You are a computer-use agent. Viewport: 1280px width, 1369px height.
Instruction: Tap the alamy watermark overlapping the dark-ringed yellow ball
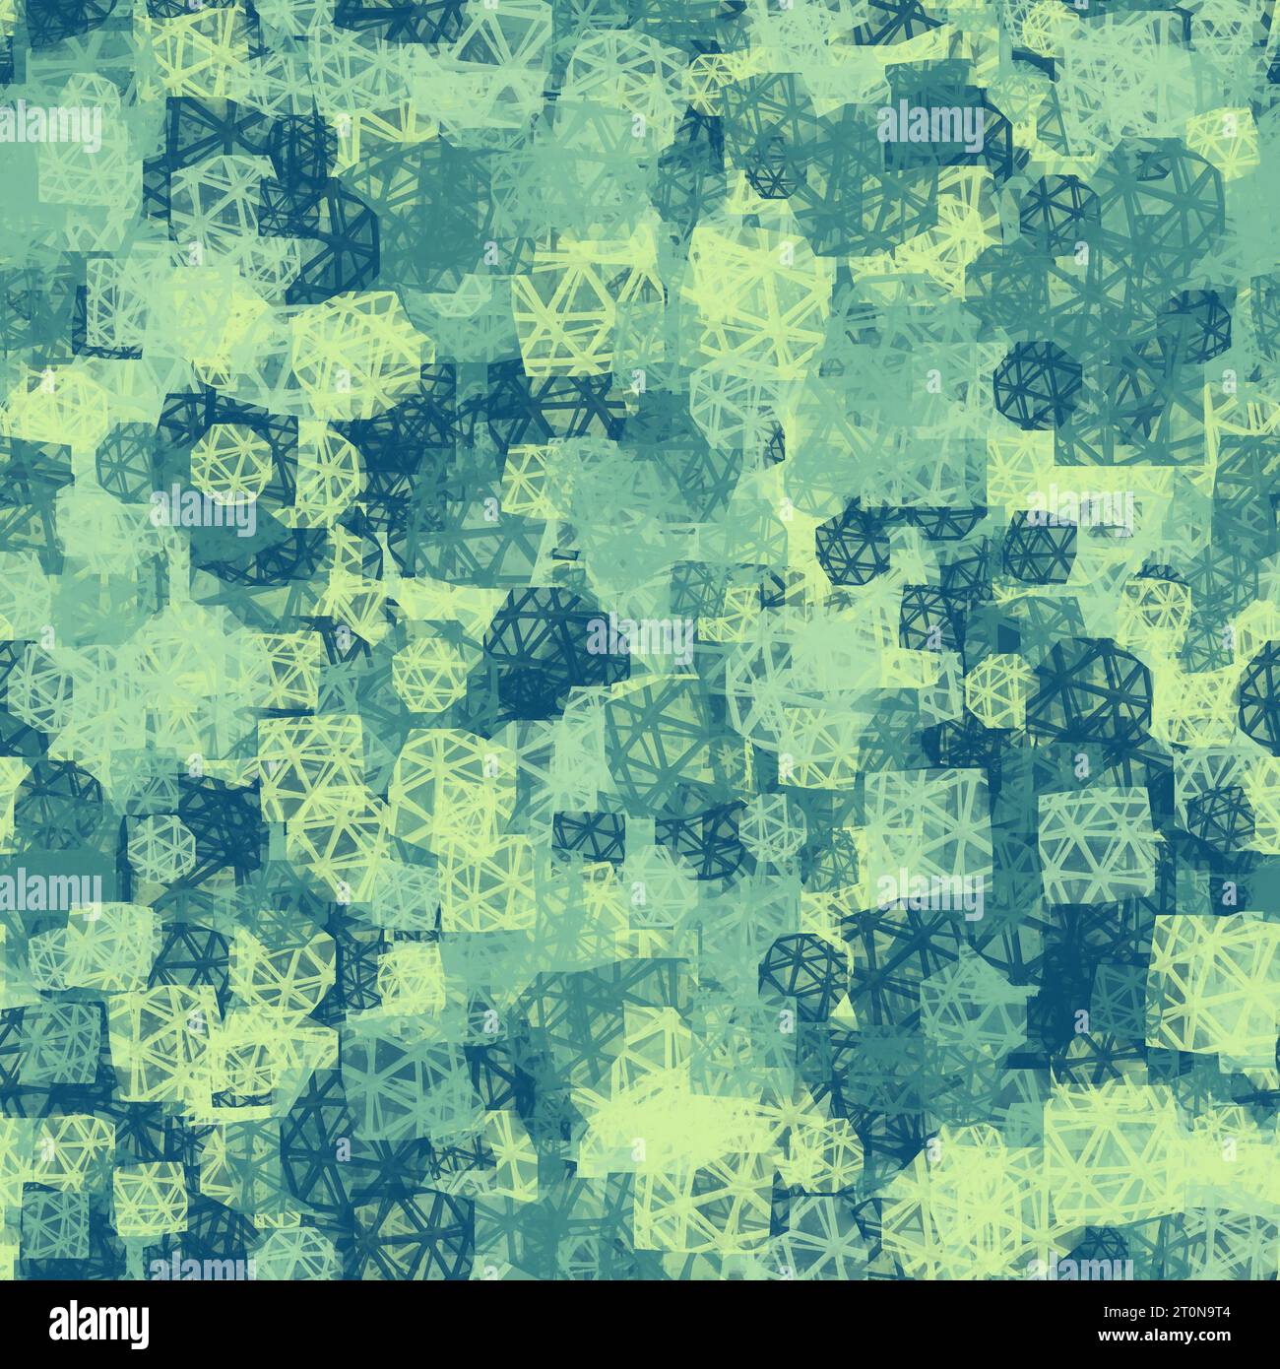[x=205, y=507]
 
